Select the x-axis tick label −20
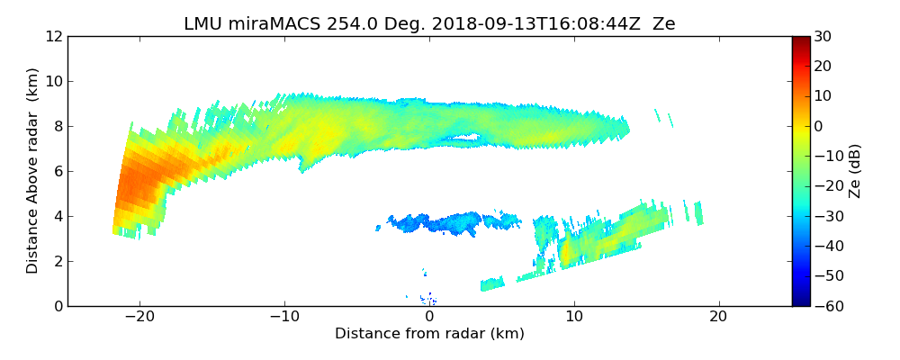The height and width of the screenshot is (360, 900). (x=139, y=318)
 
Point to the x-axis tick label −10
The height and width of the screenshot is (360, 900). (x=284, y=318)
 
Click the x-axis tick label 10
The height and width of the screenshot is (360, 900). (x=574, y=318)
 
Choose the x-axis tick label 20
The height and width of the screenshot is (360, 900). (x=718, y=318)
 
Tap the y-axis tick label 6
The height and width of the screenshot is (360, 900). (x=58, y=172)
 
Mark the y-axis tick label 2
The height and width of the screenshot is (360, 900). (x=58, y=262)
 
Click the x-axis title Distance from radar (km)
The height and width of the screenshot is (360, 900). (x=429, y=334)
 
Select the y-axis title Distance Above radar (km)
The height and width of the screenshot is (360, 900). (x=33, y=171)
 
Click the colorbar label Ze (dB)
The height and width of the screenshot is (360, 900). (x=856, y=171)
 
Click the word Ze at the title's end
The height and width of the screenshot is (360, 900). (x=664, y=24)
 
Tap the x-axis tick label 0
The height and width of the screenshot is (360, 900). (x=429, y=318)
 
